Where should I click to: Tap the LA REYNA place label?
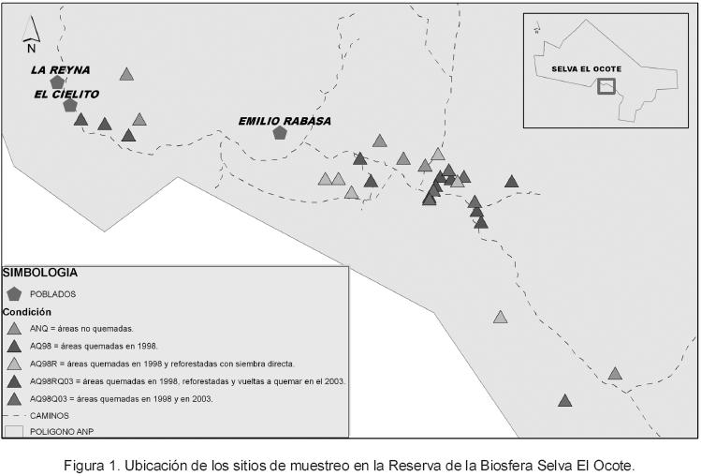[x=58, y=69]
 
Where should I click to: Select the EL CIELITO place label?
[x=66, y=94]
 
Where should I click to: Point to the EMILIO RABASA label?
[x=285, y=120]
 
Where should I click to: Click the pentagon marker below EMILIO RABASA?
[x=279, y=133]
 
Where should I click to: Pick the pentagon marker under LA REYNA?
[x=57, y=82]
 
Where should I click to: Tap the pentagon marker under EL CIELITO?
[x=69, y=105]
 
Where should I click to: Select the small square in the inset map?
[x=607, y=86]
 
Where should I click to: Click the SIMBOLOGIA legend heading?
[x=40, y=273]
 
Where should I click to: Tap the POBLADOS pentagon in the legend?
[x=14, y=293]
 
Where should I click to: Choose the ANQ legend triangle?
[x=14, y=329]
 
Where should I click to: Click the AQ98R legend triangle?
[x=14, y=364]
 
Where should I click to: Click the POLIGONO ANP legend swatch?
[x=14, y=431]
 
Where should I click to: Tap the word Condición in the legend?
[x=27, y=311]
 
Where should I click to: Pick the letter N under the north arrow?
[x=31, y=48]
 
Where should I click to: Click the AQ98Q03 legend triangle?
[x=14, y=398]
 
